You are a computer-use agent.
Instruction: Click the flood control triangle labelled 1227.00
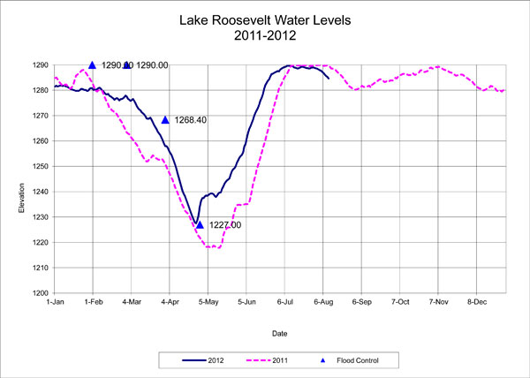coord(200,225)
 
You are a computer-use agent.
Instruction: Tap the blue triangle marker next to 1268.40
coord(165,120)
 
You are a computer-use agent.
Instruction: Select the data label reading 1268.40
coord(191,120)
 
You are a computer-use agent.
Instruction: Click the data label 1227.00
coord(223,225)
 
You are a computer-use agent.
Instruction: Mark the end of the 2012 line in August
coord(329,79)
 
